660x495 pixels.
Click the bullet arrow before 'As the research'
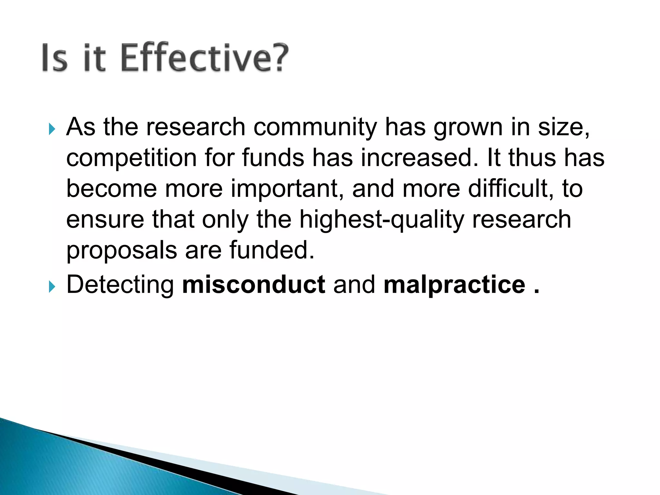point(52,130)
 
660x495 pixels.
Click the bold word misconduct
point(254,285)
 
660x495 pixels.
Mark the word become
point(112,189)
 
